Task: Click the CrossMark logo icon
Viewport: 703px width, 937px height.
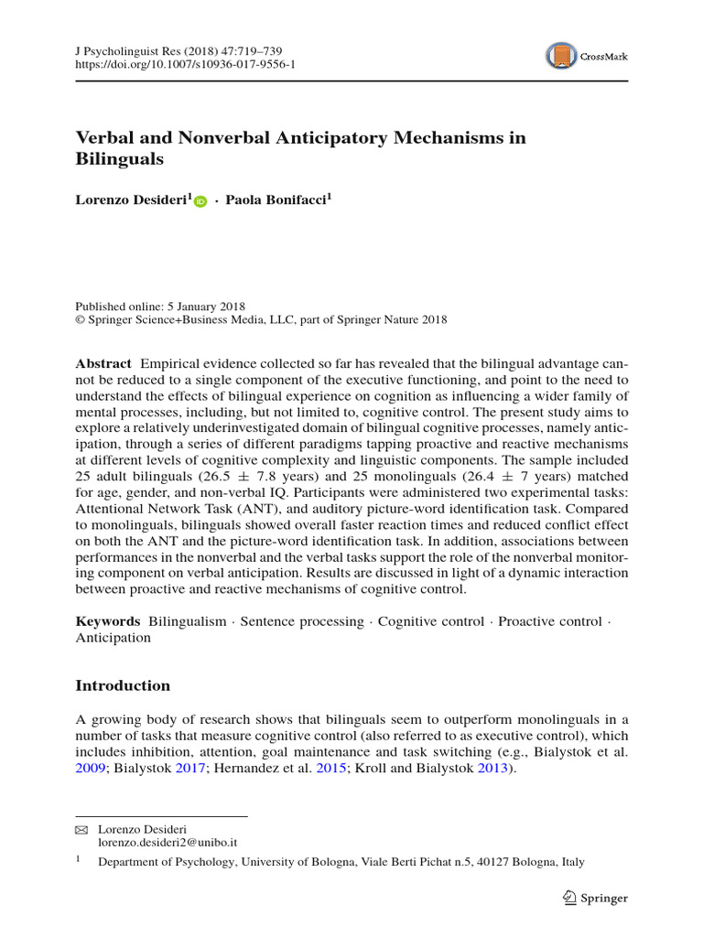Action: [560, 57]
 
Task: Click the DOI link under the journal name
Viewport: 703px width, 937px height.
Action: [186, 65]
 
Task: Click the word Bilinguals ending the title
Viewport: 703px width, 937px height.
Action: [119, 159]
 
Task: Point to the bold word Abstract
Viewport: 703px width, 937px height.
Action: [103, 363]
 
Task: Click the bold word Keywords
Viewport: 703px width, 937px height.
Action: [107, 621]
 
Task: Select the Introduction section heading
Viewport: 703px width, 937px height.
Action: [123, 685]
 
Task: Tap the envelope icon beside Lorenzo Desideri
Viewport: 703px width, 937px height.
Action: [82, 829]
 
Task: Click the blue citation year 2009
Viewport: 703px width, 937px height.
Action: [91, 769]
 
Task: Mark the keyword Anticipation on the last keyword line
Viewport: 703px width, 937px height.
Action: [113, 638]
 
